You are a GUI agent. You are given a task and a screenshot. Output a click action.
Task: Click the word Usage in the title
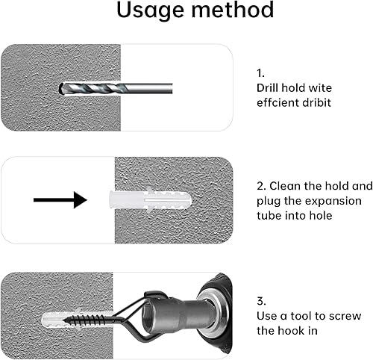pos(151,11)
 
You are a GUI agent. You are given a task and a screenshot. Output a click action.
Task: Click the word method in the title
pos(233,10)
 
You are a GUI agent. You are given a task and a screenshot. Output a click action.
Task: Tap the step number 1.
pos(260,73)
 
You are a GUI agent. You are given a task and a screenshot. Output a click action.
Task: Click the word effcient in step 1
pos(278,102)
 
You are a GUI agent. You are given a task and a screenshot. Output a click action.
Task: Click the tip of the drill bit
pos(60,89)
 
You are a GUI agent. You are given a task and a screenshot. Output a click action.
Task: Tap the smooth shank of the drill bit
pos(150,88)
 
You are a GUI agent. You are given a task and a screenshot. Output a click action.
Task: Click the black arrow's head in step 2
pos(81,200)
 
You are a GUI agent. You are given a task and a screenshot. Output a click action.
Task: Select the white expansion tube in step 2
pos(150,200)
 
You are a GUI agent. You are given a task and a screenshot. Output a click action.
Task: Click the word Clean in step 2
pos(284,186)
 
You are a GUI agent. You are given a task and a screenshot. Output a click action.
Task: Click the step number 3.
pos(261,301)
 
